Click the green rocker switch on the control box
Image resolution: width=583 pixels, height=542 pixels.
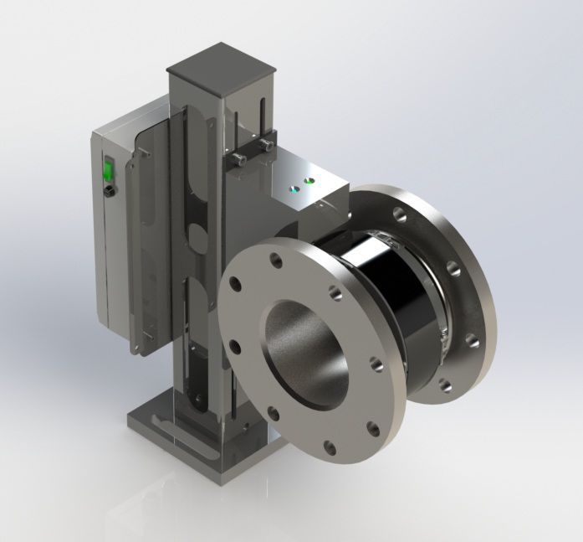(106, 171)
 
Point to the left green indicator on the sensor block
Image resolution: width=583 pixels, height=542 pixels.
(294, 188)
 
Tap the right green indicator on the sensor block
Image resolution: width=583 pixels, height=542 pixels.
(309, 178)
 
